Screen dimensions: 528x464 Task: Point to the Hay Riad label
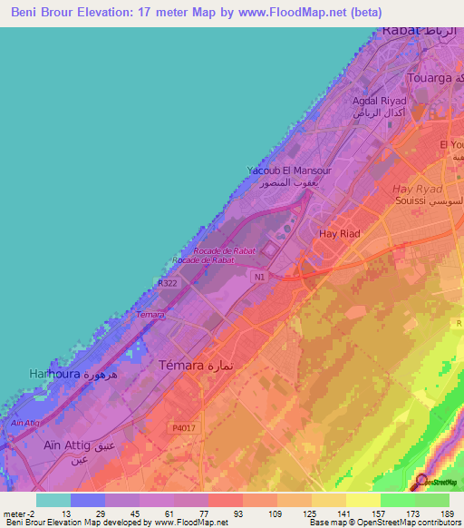(x=341, y=234)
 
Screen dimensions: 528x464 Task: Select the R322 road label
(x=168, y=283)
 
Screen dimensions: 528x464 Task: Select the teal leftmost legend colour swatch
(x=53, y=499)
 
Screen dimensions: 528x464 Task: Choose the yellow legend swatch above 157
(x=362, y=499)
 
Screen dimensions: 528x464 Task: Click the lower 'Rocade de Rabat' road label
(x=204, y=259)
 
